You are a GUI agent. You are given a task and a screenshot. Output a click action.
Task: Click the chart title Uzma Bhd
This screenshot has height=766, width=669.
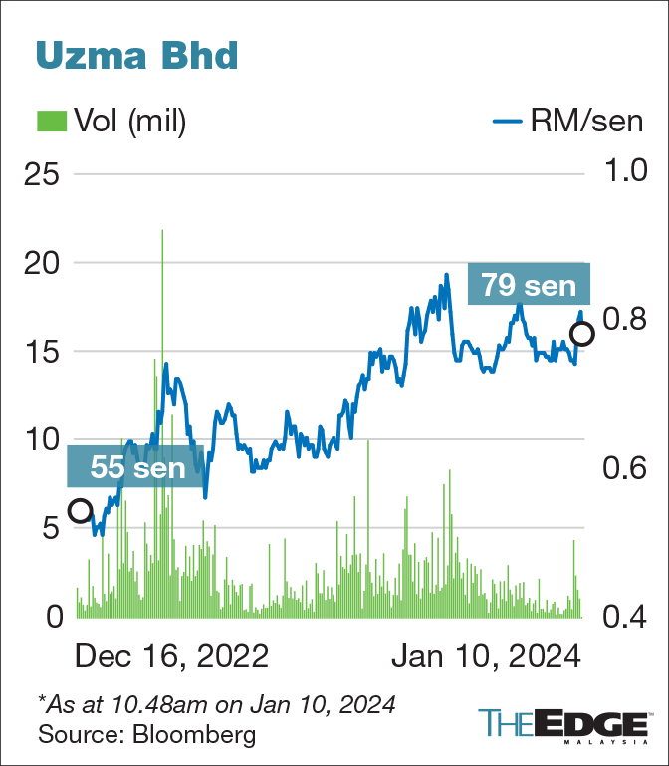pos(137,55)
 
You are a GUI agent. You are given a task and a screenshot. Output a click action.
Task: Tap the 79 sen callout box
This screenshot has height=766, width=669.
pos(530,286)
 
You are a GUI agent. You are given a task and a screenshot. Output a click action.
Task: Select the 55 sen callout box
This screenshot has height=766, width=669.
pos(136,465)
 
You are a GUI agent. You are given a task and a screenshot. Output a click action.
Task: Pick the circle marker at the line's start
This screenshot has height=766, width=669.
pos(80,511)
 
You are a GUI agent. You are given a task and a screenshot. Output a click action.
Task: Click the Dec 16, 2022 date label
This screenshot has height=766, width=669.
pos(171,657)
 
